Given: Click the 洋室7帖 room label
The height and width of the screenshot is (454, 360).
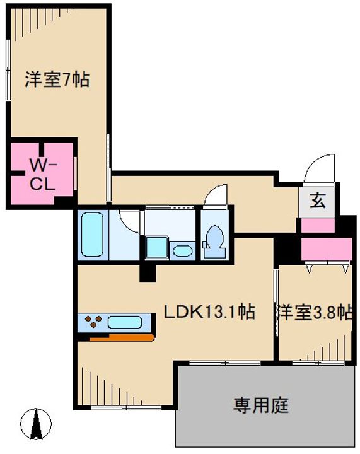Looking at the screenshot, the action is coord(57,79).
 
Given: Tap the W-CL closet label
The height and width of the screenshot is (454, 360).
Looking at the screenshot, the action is coord(43,175).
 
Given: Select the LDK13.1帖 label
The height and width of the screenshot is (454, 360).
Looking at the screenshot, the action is coord(209,312).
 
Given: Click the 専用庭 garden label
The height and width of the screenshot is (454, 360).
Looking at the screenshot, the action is coord(261,405).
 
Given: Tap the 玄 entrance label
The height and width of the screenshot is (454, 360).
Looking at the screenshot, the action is coord(318,201).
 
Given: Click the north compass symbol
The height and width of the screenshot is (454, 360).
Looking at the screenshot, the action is coord(36,424).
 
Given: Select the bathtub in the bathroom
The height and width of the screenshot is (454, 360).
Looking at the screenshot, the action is coord(92,235).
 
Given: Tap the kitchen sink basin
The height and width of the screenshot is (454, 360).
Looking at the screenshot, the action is coord(125,322).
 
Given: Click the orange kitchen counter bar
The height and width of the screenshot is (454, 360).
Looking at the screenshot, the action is coord(122,337).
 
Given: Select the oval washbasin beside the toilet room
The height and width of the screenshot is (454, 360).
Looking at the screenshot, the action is coord(182,251).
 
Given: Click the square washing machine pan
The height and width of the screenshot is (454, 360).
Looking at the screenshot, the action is coord(157,247).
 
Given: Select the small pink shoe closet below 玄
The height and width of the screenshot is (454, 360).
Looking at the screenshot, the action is coord(318,225).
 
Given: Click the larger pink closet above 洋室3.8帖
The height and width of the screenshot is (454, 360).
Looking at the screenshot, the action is coord(327,249).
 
